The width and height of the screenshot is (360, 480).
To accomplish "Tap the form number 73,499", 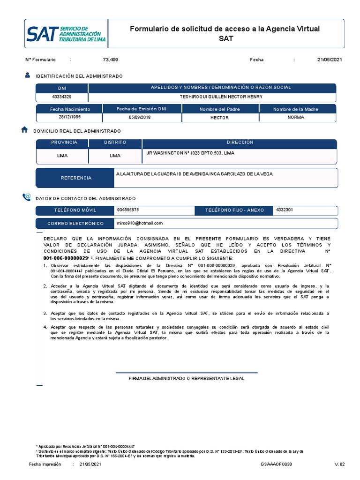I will click(111, 60).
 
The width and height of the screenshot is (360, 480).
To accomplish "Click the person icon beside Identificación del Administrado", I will click(28, 75).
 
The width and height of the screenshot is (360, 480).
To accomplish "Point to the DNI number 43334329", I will click(61, 97).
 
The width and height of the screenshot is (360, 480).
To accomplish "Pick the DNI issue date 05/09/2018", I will click(141, 117).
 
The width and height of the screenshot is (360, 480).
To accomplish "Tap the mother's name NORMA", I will click(296, 117).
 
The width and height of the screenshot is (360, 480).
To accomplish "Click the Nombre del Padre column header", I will click(219, 109).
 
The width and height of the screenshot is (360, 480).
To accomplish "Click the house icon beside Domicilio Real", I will click(25, 130).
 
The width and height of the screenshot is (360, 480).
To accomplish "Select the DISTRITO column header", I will click(115, 142).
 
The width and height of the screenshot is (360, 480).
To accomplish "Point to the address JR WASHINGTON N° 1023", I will click(191, 153).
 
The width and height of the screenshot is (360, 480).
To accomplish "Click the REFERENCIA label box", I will click(76, 178).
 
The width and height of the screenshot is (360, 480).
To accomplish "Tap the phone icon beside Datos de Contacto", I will click(26, 198).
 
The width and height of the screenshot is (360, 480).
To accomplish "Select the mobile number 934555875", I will click(128, 210).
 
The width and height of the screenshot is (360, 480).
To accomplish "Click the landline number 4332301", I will click(285, 210).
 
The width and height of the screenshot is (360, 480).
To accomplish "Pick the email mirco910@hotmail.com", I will click(140, 223).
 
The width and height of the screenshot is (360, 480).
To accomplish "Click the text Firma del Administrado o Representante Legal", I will click(186, 378).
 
